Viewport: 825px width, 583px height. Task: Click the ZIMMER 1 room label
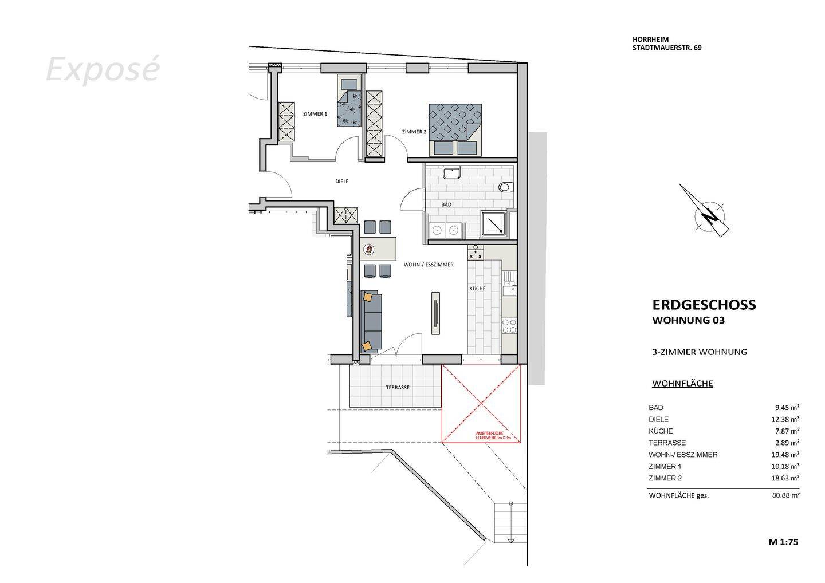tap(315, 114)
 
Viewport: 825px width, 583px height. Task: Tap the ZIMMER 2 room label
tap(414, 132)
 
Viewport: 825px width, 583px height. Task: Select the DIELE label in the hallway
tap(341, 182)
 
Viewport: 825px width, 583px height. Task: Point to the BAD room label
tap(446, 204)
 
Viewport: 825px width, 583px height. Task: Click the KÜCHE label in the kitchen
tap(477, 289)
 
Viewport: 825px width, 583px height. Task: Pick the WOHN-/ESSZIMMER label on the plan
tap(429, 265)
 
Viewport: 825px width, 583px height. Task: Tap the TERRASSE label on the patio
tap(398, 388)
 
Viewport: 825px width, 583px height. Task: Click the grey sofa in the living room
tap(372, 321)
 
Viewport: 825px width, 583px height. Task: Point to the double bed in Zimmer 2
tap(455, 129)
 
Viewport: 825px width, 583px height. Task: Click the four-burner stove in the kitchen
tap(508, 326)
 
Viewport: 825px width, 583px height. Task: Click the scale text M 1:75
tap(783, 542)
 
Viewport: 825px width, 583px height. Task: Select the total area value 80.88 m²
tap(785, 495)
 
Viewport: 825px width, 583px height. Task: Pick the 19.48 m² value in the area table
tap(785, 455)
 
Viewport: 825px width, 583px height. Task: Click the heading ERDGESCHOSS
tap(704, 305)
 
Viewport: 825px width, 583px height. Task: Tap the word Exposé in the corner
tap(102, 69)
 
